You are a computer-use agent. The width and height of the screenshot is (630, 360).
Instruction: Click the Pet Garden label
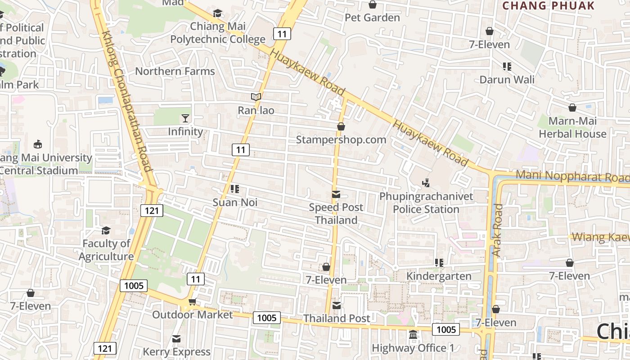(372, 18)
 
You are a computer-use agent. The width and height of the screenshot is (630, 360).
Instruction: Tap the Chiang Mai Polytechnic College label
(218, 33)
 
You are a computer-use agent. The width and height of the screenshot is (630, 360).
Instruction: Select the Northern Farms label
(175, 71)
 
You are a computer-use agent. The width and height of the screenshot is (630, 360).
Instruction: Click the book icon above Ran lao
(256, 97)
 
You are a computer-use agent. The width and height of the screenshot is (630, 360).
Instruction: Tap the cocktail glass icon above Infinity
(185, 118)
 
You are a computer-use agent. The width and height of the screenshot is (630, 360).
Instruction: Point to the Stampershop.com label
(341, 139)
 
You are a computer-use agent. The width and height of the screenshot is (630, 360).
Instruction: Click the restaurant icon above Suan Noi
(235, 189)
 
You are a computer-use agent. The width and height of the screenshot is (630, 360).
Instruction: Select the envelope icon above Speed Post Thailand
(336, 194)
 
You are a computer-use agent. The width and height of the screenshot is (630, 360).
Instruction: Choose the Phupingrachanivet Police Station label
(426, 202)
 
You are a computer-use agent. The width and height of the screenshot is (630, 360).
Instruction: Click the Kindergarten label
(439, 276)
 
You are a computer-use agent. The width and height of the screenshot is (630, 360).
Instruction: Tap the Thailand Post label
(337, 318)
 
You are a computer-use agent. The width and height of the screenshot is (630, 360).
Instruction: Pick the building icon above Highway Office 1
(413, 335)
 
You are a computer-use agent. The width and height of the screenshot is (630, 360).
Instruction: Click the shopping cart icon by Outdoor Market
(193, 301)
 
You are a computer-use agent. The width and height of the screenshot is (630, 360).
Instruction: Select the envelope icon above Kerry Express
(176, 338)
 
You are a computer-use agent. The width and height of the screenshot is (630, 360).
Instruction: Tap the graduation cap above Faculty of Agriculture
(106, 230)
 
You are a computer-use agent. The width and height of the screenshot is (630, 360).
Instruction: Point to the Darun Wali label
(507, 80)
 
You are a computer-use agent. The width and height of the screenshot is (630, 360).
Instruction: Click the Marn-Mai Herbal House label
(572, 127)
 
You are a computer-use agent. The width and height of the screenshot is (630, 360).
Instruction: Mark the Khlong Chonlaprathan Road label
(126, 101)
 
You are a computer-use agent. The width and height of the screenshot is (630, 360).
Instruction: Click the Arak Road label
(497, 230)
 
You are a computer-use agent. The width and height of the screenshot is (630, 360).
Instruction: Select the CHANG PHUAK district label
(548, 6)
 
